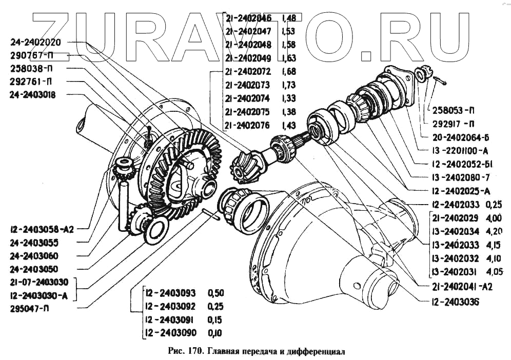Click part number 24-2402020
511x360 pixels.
tap(38, 43)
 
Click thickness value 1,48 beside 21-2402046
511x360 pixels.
tap(289, 18)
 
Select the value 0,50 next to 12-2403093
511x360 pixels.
tap(215, 294)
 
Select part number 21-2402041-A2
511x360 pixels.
tap(455, 287)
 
